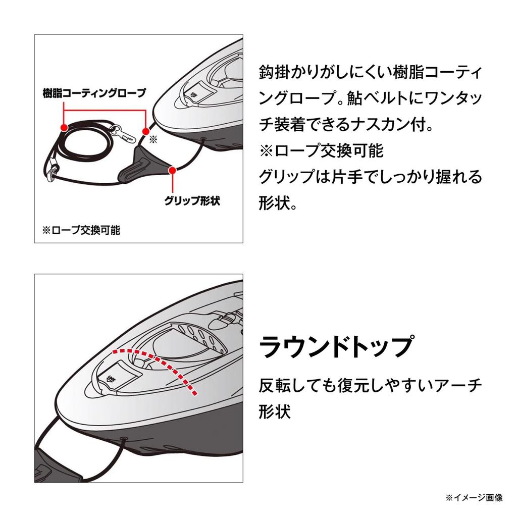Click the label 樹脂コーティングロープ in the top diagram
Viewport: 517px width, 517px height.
click(94, 93)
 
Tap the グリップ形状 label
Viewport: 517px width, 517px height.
click(192, 200)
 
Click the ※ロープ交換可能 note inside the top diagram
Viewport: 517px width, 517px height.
click(81, 230)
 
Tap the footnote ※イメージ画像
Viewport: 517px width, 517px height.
click(474, 497)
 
